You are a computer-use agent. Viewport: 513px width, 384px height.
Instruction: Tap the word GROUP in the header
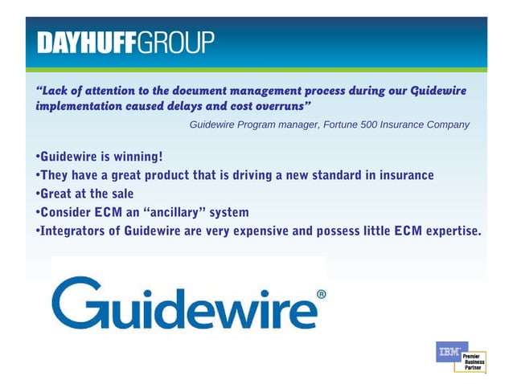tap(177, 42)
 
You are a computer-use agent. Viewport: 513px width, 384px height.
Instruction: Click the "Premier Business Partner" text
tap(473, 362)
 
